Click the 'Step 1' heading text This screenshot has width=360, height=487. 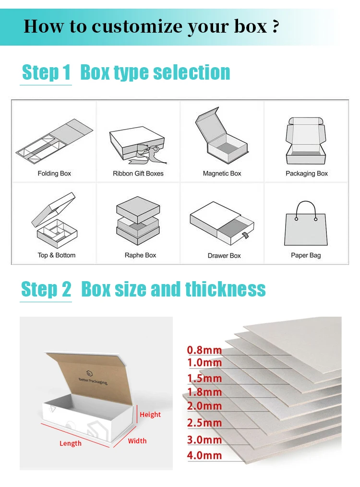coord(46,73)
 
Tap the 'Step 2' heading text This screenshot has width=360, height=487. coord(46,290)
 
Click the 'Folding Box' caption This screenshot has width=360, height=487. coord(54,174)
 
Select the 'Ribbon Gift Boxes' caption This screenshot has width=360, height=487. coord(138,174)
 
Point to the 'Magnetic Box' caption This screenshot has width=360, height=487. coord(222,174)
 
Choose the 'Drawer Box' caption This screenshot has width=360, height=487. coord(224,256)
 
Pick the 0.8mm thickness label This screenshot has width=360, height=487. coord(204,350)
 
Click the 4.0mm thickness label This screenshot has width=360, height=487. coord(204,455)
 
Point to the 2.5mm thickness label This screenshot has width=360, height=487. coord(204,423)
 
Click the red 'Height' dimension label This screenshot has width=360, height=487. coord(150,415)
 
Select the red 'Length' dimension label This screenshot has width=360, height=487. coord(71,443)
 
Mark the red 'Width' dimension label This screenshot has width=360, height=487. coord(137,441)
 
